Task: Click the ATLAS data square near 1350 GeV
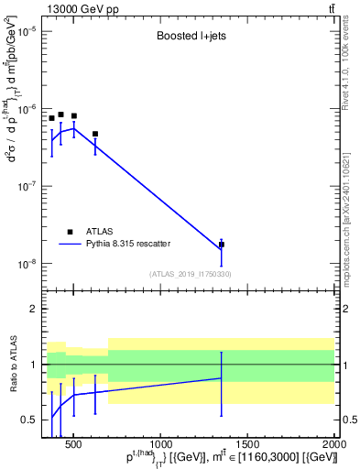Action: pyautogui.click(x=222, y=245)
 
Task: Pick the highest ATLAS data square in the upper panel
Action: pyautogui.click(x=60, y=115)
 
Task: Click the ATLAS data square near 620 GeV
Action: pyautogui.click(x=94, y=134)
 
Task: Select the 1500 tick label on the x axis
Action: pyautogui.click(x=247, y=445)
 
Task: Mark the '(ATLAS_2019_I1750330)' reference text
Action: pyautogui.click(x=191, y=273)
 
